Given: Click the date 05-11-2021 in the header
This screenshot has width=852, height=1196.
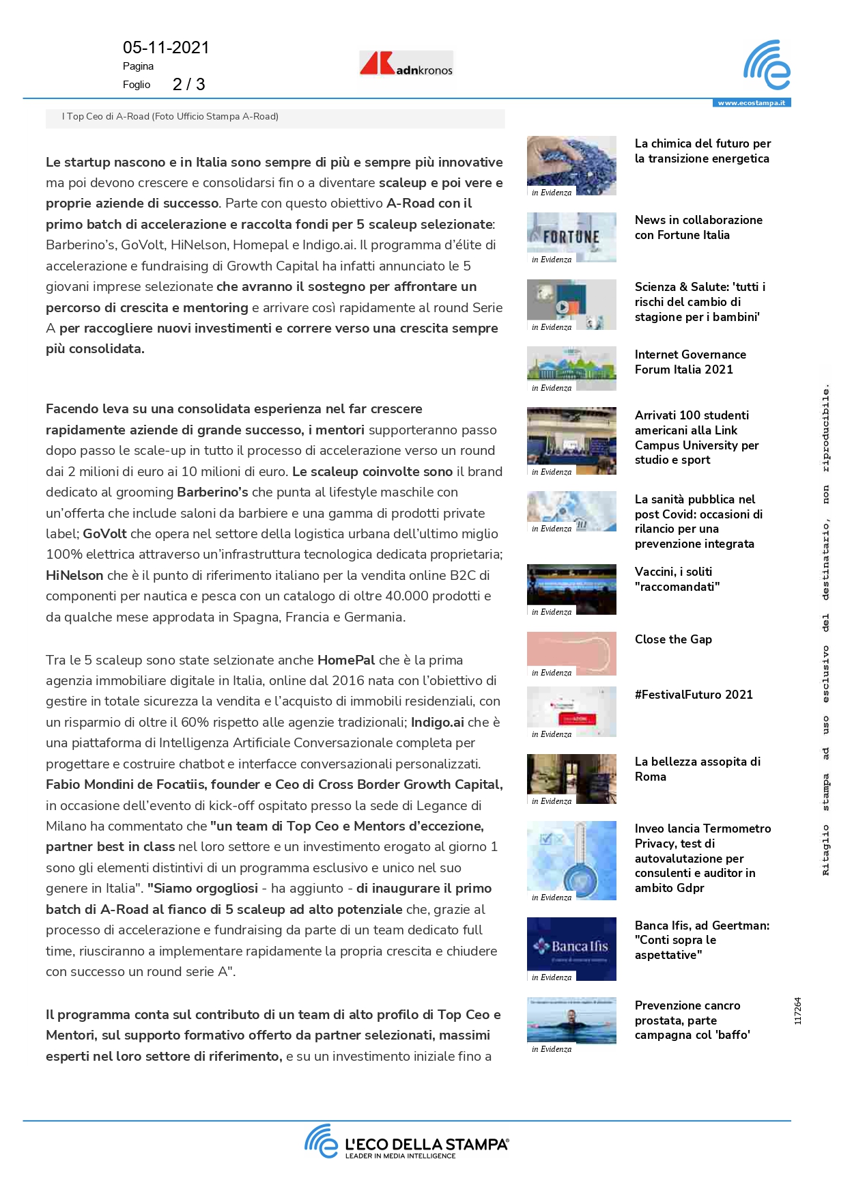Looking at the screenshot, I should point(166,47).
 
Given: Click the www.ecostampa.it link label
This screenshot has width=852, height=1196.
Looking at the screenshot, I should point(751,103).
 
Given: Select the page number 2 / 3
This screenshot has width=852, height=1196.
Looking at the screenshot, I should point(188,84).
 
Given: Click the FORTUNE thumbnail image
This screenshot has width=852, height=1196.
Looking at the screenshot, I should point(571,236).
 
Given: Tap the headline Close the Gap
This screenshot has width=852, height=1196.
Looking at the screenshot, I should point(673,639).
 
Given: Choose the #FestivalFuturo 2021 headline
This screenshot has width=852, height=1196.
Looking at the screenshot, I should point(694,695).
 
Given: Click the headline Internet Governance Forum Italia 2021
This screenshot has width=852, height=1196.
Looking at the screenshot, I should point(690,362).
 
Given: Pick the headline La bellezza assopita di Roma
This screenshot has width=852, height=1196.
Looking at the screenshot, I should point(697,769).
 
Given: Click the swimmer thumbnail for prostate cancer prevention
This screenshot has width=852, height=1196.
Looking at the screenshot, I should point(571,1020).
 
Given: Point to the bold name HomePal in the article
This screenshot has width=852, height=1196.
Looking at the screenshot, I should point(346,660).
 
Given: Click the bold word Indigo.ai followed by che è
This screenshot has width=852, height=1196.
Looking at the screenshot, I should point(438,723).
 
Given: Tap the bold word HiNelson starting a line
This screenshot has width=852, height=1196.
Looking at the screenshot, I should point(74,576).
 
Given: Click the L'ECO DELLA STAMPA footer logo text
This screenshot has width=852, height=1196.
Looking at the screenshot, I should point(426,1145).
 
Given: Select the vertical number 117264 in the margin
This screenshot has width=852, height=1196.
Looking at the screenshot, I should point(798,1011).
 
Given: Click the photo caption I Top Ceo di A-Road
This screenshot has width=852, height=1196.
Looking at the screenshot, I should point(170,117).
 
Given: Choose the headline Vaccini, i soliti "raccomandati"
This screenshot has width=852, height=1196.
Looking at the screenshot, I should point(677,579).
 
